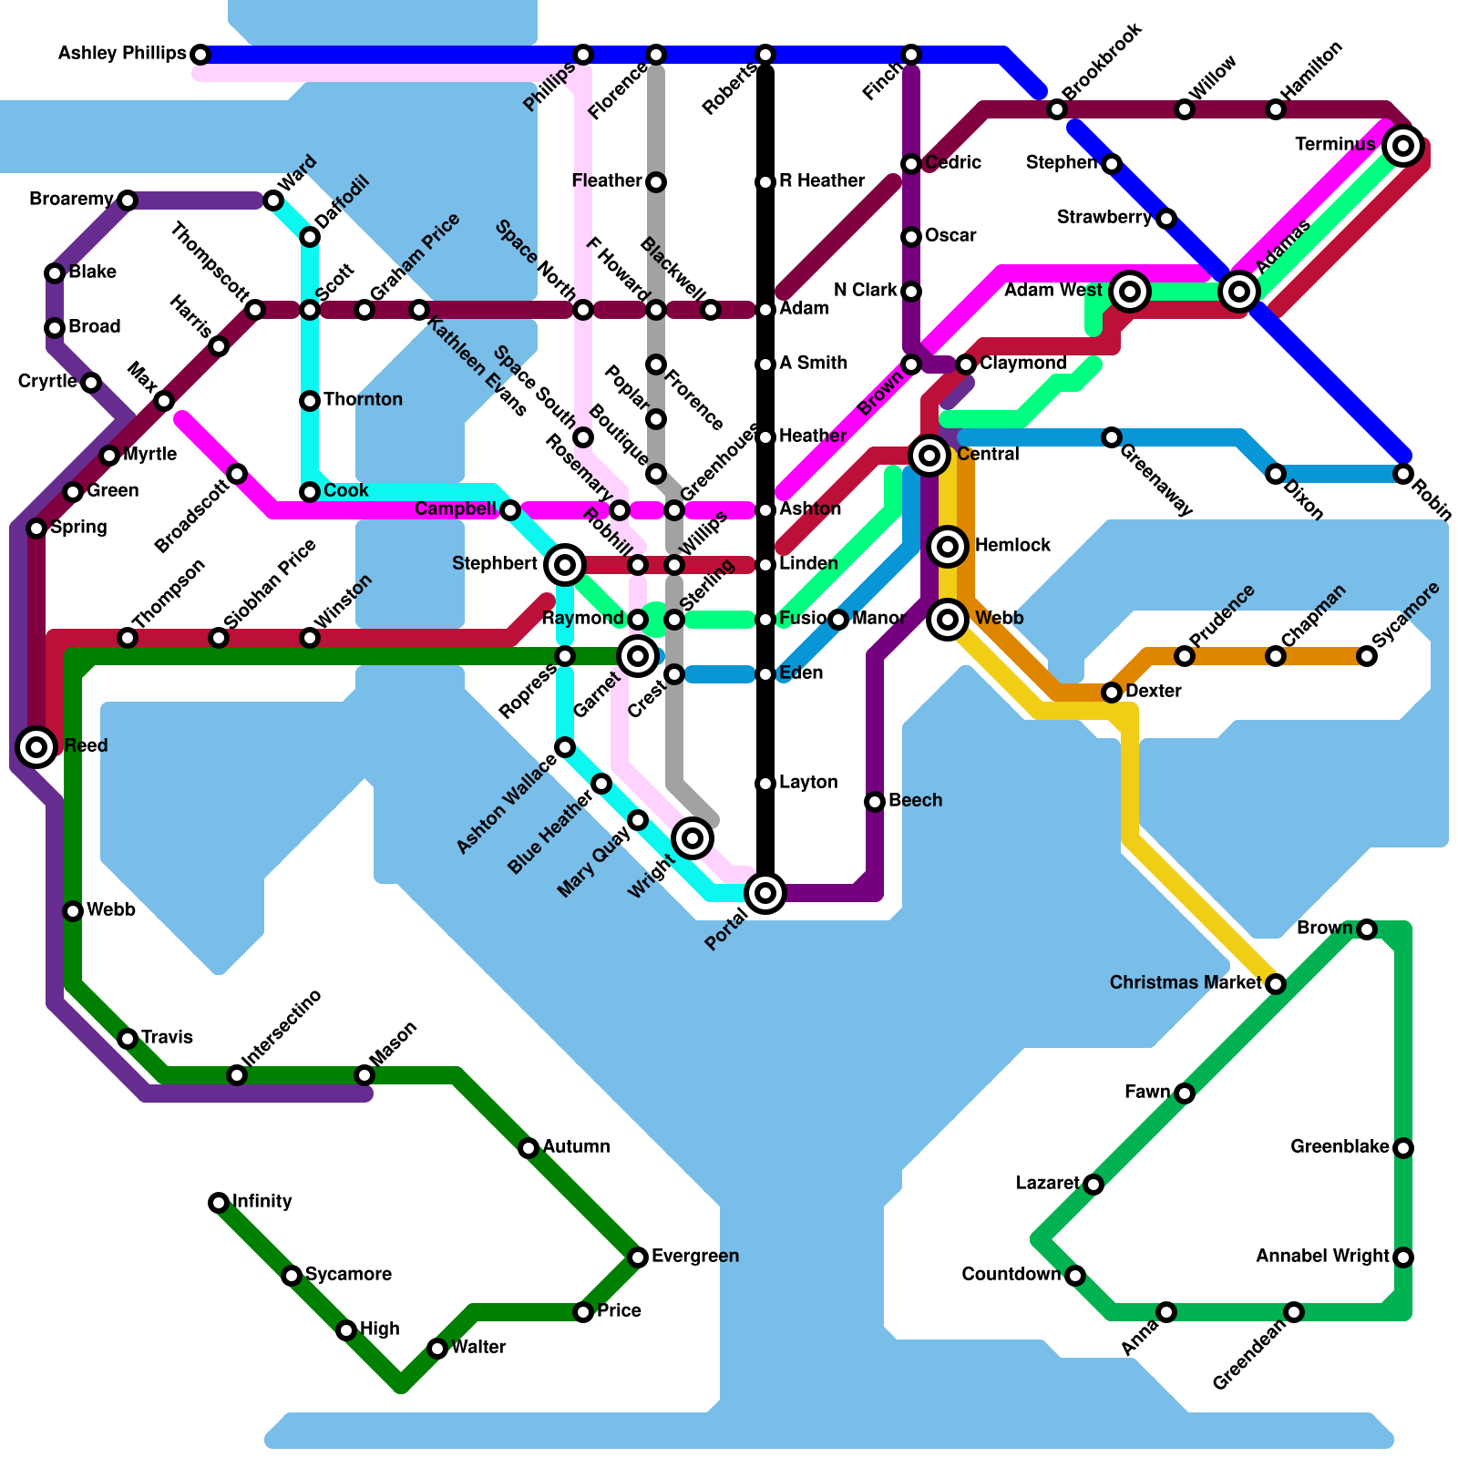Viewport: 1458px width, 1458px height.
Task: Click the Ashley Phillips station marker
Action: point(200,55)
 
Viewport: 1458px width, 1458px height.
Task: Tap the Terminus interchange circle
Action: point(1403,146)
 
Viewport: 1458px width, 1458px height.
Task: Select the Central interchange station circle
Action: point(929,455)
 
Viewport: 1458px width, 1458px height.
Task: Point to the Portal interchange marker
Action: point(765,893)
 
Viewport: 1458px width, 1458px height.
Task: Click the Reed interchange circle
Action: point(36,747)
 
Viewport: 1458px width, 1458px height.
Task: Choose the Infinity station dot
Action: point(219,1203)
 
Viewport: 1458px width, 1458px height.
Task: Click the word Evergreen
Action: point(694,1256)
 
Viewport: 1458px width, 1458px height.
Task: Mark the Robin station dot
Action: point(1403,474)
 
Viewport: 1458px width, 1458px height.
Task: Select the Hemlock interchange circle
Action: point(948,547)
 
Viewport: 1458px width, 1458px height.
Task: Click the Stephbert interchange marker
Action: point(565,565)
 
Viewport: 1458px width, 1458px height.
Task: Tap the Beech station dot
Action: point(875,802)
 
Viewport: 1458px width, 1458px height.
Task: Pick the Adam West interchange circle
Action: point(1130,292)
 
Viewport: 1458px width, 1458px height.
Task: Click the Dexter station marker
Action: point(1112,693)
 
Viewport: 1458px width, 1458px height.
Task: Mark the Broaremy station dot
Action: point(128,200)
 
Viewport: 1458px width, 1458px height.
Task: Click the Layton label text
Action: point(808,782)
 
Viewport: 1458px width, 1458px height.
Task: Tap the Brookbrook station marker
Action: point(1057,109)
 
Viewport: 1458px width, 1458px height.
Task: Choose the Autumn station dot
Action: point(529,1148)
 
